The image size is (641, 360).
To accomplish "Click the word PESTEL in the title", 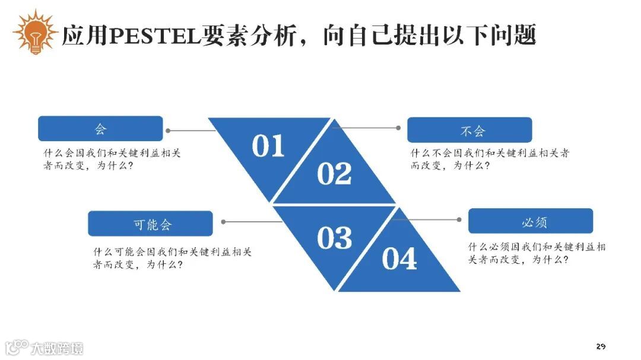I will (x=156, y=36).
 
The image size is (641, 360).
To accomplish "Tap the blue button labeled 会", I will (x=100, y=129).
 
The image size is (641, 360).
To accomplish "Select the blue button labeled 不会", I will (x=469, y=130).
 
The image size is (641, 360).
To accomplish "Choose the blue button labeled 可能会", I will (x=150, y=224).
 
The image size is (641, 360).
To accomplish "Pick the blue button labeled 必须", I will (x=531, y=221).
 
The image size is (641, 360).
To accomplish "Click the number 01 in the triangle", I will (x=268, y=146).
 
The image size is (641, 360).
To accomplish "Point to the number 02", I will (x=334, y=173).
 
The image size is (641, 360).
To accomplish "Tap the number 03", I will (x=334, y=238).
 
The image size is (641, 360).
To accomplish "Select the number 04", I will (x=399, y=259).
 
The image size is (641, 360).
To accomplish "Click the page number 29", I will (x=601, y=346).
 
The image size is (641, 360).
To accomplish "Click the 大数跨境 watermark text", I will (x=58, y=348).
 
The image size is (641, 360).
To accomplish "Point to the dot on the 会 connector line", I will (x=169, y=130).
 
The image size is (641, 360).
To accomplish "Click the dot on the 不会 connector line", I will (x=399, y=128).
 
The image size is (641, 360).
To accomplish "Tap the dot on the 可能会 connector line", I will (x=223, y=222).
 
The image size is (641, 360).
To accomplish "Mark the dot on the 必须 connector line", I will (x=459, y=219).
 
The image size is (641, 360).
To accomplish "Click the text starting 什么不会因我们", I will (x=490, y=159).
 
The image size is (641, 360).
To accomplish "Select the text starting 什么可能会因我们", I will (x=172, y=258).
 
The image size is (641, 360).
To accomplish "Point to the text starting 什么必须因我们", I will (x=537, y=253).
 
